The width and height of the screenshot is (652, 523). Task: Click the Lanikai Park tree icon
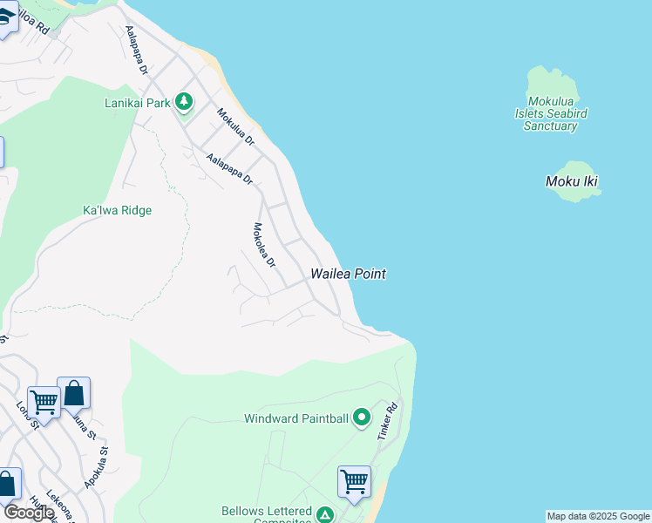[184, 103]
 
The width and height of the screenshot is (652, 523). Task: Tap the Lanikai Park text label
[135, 103]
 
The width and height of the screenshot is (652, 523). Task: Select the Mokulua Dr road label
[235, 126]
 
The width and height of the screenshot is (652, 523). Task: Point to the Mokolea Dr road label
[263, 245]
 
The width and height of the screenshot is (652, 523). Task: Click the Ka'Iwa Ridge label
[117, 210]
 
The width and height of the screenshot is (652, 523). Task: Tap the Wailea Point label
[349, 274]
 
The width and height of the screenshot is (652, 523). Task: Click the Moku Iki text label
[572, 182]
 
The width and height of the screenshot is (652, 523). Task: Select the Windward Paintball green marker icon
[362, 418]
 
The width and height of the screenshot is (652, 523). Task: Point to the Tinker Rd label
[387, 420]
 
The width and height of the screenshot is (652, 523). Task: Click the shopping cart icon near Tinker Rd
[354, 481]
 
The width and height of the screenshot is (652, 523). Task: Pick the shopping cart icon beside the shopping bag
[44, 402]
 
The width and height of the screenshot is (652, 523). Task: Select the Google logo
[28, 513]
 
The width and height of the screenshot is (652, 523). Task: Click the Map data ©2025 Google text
[598, 516]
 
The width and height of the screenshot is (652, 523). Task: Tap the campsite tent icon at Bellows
[324, 515]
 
